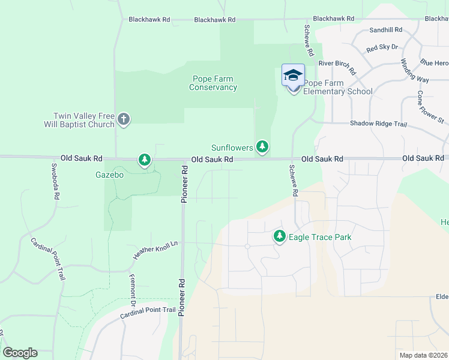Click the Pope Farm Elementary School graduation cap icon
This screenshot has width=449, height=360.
click(x=293, y=76)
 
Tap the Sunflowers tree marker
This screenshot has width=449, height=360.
click(x=262, y=146)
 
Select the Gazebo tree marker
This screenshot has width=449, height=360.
click(x=144, y=160)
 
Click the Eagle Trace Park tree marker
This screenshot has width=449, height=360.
click(x=279, y=236)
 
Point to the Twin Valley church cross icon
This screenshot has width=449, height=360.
click(x=124, y=119)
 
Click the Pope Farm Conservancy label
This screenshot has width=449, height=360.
click(x=213, y=83)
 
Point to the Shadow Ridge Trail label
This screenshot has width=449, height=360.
click(x=378, y=124)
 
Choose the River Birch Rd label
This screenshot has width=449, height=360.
click(x=337, y=63)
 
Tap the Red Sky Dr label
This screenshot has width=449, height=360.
click(x=382, y=47)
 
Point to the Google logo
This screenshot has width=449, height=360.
click(x=20, y=353)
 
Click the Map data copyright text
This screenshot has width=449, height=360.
click(x=423, y=355)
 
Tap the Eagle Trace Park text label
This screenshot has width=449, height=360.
click(x=320, y=237)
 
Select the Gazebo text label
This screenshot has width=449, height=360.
click(x=110, y=175)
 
